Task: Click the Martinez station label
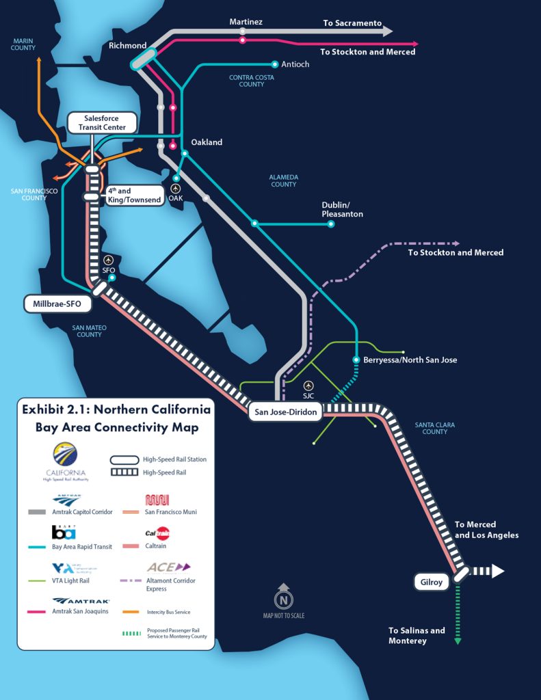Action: (246, 22)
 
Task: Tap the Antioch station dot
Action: (275, 64)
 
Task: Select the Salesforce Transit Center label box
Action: (101, 122)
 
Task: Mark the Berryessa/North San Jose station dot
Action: (356, 360)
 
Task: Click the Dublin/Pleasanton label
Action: (342, 209)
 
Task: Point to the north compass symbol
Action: (281, 598)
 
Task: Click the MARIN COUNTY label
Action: (23, 44)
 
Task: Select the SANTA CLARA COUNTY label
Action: (434, 428)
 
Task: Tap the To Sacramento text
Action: (352, 23)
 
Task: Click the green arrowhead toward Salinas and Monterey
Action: (458, 641)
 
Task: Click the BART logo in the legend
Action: (64, 532)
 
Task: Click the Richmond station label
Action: (127, 46)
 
